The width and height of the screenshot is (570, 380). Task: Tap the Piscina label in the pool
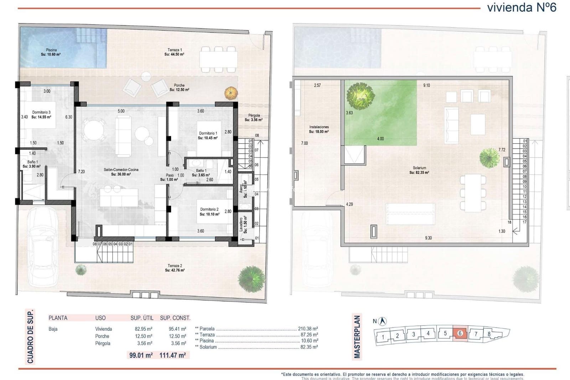tap(51, 52)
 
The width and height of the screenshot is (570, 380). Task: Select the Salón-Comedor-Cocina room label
tap(121, 172)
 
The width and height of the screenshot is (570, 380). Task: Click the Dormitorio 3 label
tap(41, 114)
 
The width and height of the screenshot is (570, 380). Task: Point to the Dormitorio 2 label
tap(209, 212)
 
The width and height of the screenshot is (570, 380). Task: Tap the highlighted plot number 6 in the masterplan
tap(460, 334)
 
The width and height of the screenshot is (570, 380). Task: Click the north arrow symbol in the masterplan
tap(383, 321)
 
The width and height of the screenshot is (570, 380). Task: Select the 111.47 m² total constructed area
tap(172, 355)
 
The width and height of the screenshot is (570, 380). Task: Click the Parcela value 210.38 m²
tap(308, 329)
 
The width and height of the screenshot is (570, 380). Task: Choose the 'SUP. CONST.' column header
tap(175, 318)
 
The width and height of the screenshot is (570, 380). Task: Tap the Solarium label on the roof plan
tap(419, 170)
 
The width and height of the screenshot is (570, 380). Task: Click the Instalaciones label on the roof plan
tap(319, 129)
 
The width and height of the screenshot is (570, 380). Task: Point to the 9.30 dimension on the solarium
tap(428, 238)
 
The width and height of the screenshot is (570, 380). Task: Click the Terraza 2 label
tap(175, 268)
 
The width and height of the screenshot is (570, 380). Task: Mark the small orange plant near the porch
tap(231, 93)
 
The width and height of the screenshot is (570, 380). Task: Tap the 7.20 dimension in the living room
tap(82, 172)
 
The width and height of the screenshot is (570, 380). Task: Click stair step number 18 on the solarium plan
tap(509, 222)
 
